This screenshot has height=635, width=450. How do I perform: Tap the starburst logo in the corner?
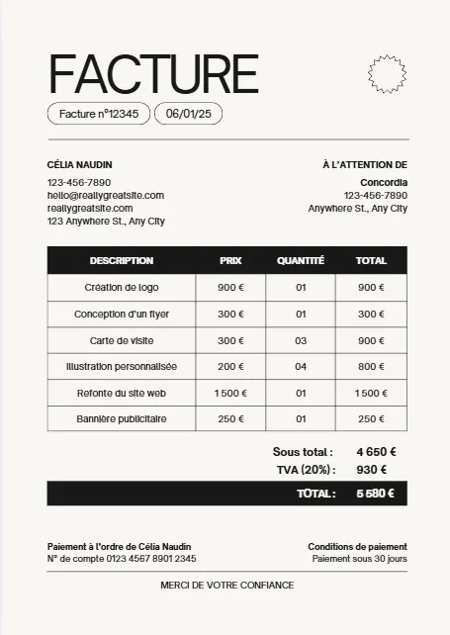coord(387,72)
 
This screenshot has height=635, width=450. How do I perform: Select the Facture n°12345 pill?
coord(99,114)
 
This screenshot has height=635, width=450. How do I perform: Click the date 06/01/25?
coord(188,114)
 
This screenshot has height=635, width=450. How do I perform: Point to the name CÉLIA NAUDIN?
coord(79,164)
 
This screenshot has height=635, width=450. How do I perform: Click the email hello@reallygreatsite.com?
coord(106,195)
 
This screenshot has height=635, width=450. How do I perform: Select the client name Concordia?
coord(384,182)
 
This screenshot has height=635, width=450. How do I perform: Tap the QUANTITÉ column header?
coord(301,261)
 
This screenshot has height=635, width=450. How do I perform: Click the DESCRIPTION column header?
coord(122,261)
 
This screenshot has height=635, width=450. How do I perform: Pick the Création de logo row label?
coord(122,288)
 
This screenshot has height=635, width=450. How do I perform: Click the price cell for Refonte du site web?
coord(230,393)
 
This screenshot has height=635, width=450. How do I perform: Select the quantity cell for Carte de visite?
coord(301,340)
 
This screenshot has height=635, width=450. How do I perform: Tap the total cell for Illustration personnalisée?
coord(371,366)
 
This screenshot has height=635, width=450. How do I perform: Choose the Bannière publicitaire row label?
coord(122,419)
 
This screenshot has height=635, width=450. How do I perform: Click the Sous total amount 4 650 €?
coord(377,452)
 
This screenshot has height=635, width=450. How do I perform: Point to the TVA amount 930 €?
coord(371,470)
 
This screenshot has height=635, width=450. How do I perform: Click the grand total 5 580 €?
coord(376,494)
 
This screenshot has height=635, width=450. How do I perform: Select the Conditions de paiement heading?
coord(357,547)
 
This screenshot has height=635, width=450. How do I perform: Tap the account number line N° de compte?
coord(122,559)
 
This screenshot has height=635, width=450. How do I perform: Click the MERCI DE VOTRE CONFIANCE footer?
coord(226,586)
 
